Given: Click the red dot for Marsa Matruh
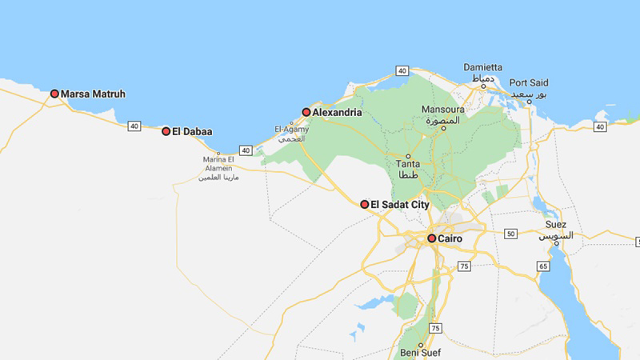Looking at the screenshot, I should tap(54, 94).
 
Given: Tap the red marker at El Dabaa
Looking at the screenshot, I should tap(166, 131).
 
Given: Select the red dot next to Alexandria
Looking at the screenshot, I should tap(306, 113).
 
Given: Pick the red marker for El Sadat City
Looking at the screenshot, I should tap(365, 205).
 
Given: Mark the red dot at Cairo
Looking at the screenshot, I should tap(432, 238).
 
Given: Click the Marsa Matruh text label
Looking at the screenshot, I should tap(93, 94).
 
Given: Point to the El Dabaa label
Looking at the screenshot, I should tap(192, 131).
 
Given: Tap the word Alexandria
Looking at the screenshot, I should tap(337, 113).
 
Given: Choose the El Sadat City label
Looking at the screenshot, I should tap(400, 205).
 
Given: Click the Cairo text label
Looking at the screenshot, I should tap(450, 238).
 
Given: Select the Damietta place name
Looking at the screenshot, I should tap(484, 67).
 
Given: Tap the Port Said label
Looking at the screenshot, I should tap(529, 82).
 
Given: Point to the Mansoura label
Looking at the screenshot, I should tap(442, 110).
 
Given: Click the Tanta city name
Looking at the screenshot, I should tap(408, 164).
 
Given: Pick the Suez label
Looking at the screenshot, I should tap(555, 225).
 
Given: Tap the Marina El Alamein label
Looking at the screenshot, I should tap(218, 163).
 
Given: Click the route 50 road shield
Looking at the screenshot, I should tap(511, 234).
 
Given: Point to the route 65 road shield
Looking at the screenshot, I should tap(543, 266).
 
